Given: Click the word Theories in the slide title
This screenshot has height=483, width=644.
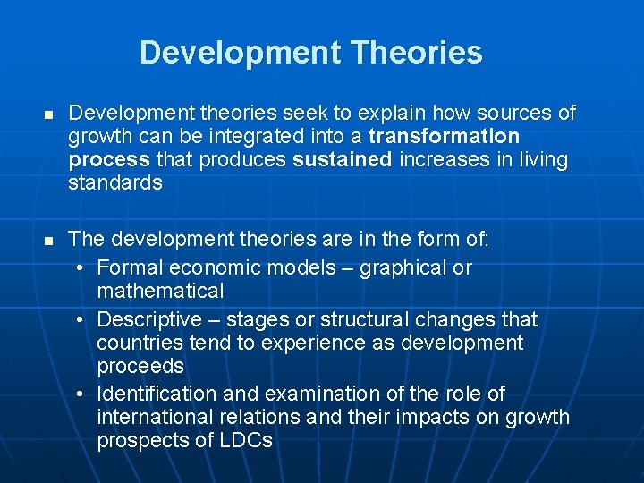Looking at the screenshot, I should (x=417, y=53).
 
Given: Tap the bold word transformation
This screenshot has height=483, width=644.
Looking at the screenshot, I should (x=444, y=137).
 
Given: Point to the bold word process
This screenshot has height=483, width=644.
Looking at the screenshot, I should (x=108, y=160).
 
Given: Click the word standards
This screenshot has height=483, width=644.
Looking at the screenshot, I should (x=115, y=183).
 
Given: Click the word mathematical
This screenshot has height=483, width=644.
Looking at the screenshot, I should (x=160, y=291).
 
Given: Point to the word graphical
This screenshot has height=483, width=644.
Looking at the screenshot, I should (x=402, y=267).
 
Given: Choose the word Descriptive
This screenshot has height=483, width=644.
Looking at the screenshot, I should (x=149, y=319).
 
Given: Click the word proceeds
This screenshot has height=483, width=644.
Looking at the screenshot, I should (x=140, y=366).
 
